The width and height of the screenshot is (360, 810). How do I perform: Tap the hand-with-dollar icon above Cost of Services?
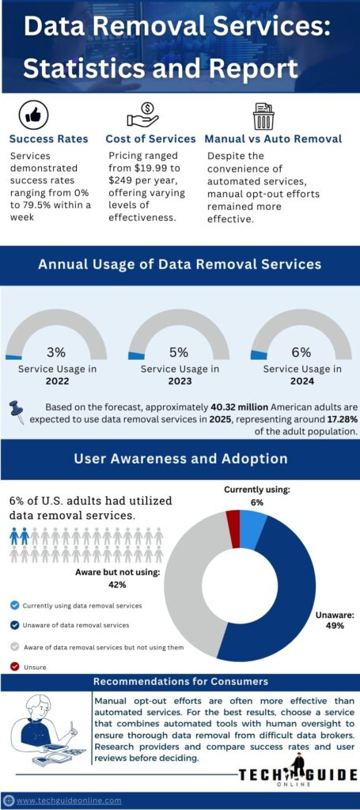[142, 115]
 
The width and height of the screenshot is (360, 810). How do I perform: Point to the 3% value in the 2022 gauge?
[56, 352]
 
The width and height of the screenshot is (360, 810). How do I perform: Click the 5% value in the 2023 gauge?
[179, 352]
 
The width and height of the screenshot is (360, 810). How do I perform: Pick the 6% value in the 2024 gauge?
[301, 352]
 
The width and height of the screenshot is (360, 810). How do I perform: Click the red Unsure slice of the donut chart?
[233, 518]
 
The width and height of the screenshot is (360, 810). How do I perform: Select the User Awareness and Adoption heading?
[180, 459]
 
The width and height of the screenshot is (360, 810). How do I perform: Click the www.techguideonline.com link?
[69, 800]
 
